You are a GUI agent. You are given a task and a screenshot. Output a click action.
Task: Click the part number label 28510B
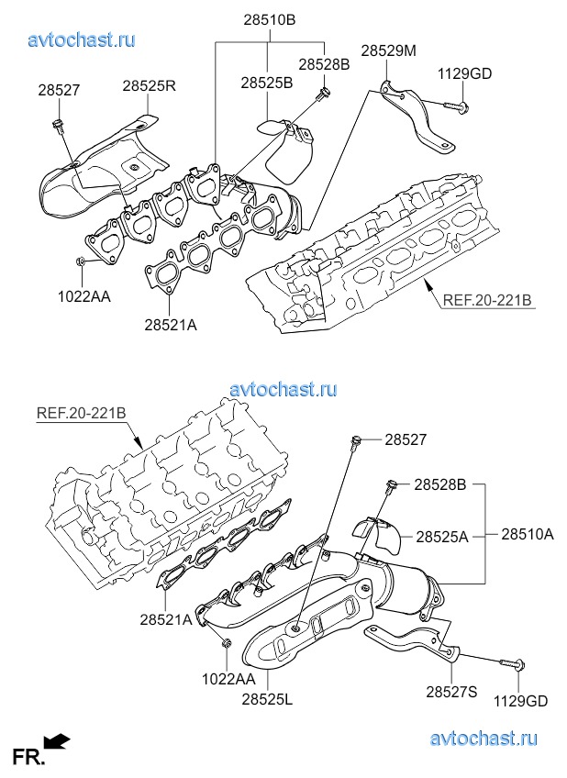(x=270, y=20)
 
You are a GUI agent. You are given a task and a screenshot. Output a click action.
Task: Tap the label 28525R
(x=150, y=86)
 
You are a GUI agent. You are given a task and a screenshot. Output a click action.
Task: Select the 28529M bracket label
(x=388, y=51)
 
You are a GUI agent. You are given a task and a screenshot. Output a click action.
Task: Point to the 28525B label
(x=267, y=83)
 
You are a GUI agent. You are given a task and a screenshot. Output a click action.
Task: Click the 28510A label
(x=527, y=533)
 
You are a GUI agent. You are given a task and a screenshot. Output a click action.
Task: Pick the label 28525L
(x=267, y=700)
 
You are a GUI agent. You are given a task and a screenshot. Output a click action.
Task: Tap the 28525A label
(x=441, y=535)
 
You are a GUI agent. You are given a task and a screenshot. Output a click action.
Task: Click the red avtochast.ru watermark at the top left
(x=83, y=40)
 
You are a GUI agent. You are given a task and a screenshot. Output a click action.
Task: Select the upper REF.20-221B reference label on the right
(x=487, y=299)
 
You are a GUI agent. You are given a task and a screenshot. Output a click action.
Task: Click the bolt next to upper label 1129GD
(x=457, y=108)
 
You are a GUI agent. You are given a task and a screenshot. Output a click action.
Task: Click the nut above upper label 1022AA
(x=82, y=263)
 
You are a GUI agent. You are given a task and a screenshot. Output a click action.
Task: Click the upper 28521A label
(x=171, y=323)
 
